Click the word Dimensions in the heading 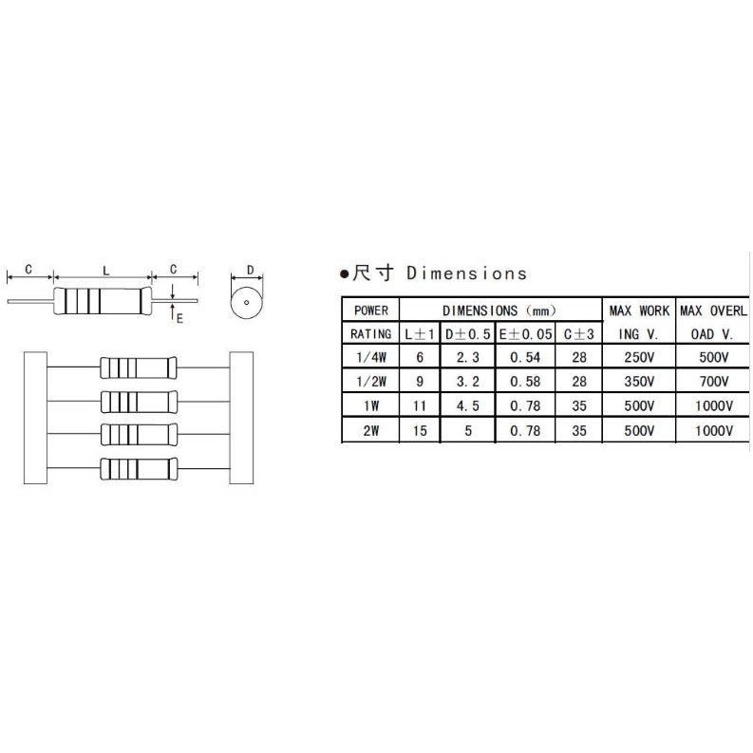click(x=466, y=273)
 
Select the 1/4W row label click(x=371, y=357)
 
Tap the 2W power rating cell click(x=371, y=431)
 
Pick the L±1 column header click(x=420, y=334)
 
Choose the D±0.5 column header click(x=468, y=334)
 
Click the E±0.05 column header click(x=525, y=334)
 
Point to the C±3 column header click(x=579, y=334)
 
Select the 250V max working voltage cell click(x=639, y=357)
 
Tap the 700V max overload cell click(x=714, y=382)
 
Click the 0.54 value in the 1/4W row click(x=525, y=357)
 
